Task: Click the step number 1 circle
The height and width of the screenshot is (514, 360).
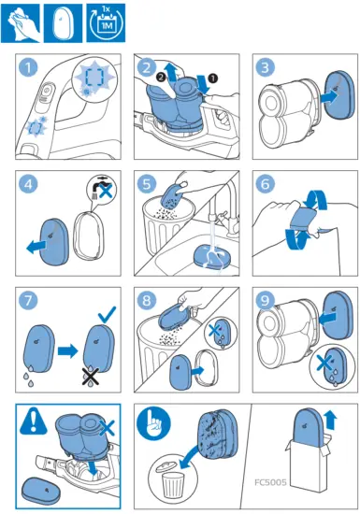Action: (x=29, y=67)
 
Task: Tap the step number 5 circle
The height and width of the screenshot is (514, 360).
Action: (x=147, y=183)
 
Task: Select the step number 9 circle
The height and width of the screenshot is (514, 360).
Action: (x=265, y=300)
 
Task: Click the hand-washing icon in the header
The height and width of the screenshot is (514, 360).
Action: (x=21, y=23)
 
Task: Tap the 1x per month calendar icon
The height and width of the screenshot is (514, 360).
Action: (x=106, y=23)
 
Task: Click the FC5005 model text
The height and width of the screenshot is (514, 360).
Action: (x=270, y=482)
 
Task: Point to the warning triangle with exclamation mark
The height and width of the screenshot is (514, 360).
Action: (x=34, y=421)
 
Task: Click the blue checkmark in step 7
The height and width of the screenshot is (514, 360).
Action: (x=107, y=314)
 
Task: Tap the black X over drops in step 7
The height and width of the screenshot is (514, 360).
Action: (x=91, y=377)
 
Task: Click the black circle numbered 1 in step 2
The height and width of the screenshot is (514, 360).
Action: (x=213, y=78)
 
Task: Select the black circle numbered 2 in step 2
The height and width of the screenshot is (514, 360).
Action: (x=162, y=78)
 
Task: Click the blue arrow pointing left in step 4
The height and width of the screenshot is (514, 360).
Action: (x=37, y=246)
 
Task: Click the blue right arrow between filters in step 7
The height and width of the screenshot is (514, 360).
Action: (x=68, y=351)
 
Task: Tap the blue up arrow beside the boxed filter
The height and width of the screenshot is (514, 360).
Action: (x=331, y=421)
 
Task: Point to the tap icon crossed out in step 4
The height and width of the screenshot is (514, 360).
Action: (x=101, y=189)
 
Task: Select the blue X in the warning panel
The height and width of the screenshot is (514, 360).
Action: (x=107, y=428)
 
